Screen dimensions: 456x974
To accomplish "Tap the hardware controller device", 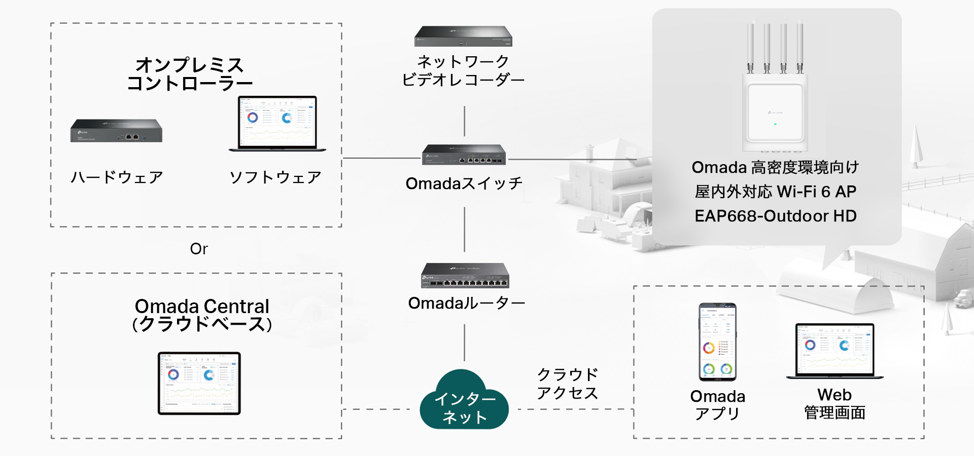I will pyautogui.click(x=116, y=131).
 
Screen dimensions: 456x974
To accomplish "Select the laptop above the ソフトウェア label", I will pyautogui.click(x=277, y=124).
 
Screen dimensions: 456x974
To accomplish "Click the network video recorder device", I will pyautogui.click(x=463, y=36).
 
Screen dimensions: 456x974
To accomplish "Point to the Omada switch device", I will pyautogui.click(x=464, y=155).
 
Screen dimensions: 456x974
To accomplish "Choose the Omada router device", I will pyautogui.click(x=465, y=276).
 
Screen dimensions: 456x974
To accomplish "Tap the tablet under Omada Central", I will pyautogui.click(x=199, y=383).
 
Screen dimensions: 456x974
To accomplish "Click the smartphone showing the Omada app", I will pyautogui.click(x=717, y=342).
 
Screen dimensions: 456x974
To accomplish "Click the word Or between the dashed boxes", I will pyautogui.click(x=199, y=249).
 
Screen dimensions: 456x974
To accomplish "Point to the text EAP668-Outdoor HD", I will pyautogui.click(x=775, y=216).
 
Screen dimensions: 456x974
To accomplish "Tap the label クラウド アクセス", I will pyautogui.click(x=567, y=384).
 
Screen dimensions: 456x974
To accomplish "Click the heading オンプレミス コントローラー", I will pyautogui.click(x=190, y=74).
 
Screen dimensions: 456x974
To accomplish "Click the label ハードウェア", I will pyautogui.click(x=117, y=177).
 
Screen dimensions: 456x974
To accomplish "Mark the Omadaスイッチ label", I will pyautogui.click(x=464, y=183).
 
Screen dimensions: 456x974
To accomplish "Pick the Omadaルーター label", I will pyautogui.click(x=466, y=303).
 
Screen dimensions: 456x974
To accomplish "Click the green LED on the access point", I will pyautogui.click(x=775, y=124).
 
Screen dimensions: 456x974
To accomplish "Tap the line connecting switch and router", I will pyautogui.click(x=465, y=229).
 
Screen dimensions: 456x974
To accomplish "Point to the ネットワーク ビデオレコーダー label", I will pyautogui.click(x=463, y=71).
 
